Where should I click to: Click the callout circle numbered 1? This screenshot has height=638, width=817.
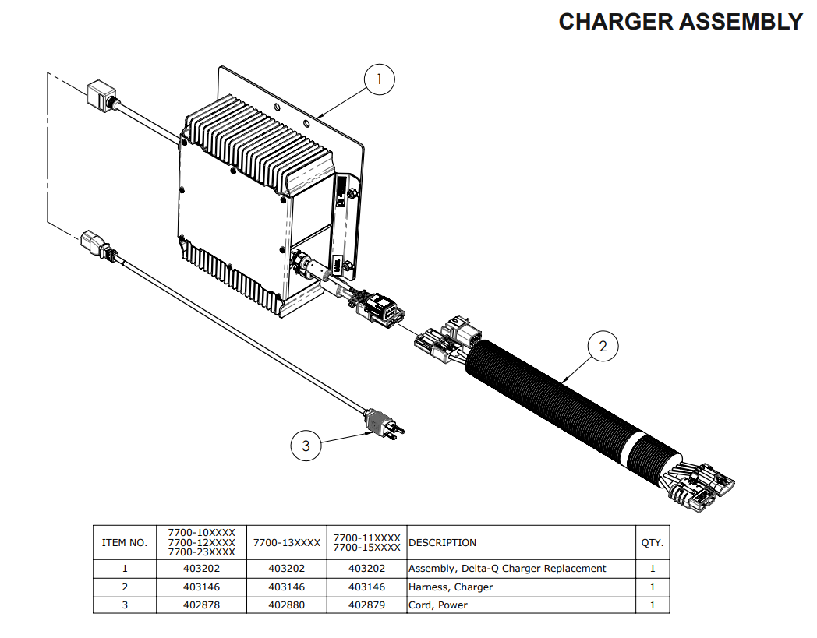point(380,79)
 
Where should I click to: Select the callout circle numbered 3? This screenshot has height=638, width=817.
point(306,446)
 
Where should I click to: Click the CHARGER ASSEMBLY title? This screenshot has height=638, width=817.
point(680,22)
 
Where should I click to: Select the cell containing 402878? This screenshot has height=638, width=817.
point(201,605)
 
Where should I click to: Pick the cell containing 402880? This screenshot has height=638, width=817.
point(286,605)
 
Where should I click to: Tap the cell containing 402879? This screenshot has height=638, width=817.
point(366,605)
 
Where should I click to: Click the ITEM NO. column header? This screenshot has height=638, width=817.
point(125,542)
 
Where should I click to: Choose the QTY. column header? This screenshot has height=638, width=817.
point(652,542)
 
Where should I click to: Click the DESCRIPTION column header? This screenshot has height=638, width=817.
point(443,542)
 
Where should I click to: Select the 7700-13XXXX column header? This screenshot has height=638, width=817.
point(286,542)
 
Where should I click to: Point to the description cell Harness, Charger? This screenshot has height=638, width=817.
point(451,587)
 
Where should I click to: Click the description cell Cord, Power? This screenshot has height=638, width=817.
point(438,605)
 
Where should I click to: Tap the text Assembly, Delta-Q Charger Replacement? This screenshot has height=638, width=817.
point(507,569)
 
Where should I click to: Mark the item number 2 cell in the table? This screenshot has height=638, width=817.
point(125,587)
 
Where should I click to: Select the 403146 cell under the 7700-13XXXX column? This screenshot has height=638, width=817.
point(286,587)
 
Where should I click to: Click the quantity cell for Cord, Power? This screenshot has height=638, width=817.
point(652,605)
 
